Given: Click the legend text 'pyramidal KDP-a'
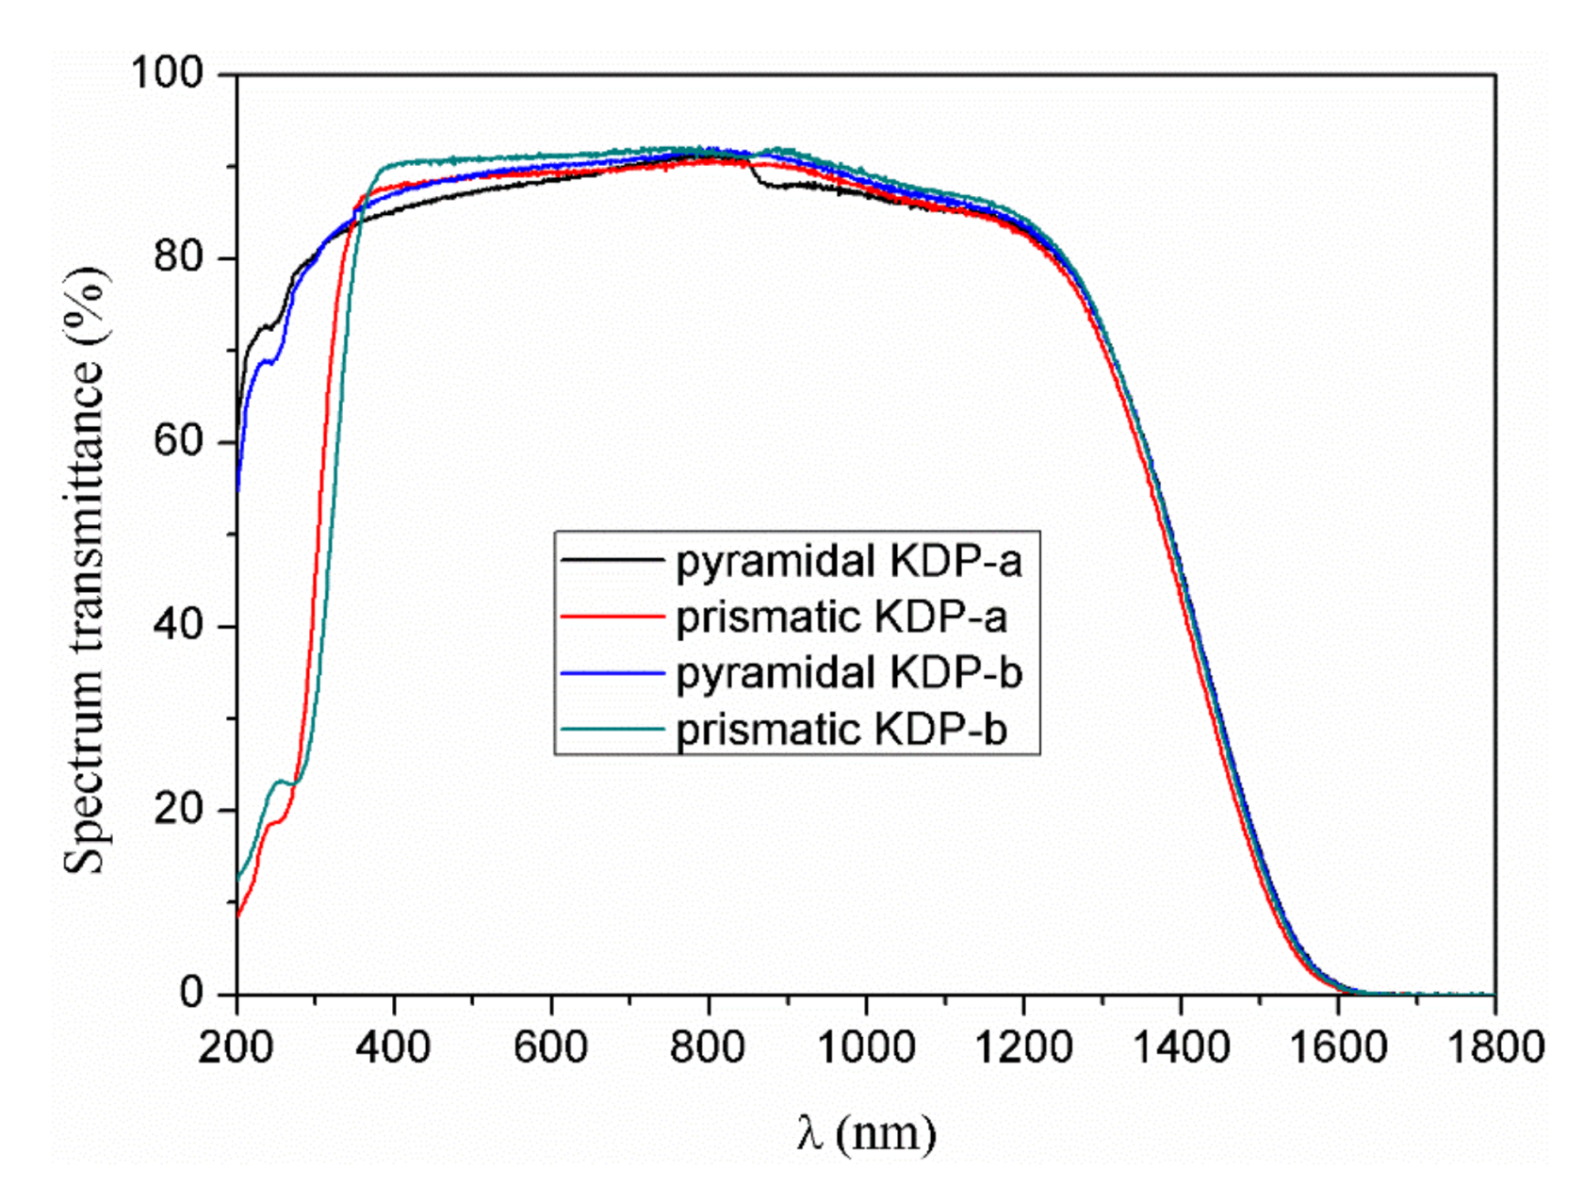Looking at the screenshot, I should coord(848,562).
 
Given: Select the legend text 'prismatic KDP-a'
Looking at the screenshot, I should coord(841,618).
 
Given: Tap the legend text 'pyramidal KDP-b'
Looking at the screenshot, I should coord(848,673).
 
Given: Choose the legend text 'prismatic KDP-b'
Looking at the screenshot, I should coord(841,730).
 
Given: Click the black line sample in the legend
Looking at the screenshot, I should coord(612,561).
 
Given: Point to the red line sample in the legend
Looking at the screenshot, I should coord(612,617).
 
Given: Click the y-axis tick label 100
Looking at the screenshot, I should coord(167,73).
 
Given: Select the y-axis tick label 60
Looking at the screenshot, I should coord(178,441).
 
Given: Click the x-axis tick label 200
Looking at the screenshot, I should coord(236,1046).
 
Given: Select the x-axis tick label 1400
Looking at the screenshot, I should coord(1180,1046).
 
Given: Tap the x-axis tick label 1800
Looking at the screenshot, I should coord(1494,1046).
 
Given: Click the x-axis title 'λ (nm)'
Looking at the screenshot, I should coord(865,1132).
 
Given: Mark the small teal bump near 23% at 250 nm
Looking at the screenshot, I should coord(280,782).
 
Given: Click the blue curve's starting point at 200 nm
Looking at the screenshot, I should coord(237,488).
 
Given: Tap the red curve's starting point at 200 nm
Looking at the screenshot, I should coord(237,915).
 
